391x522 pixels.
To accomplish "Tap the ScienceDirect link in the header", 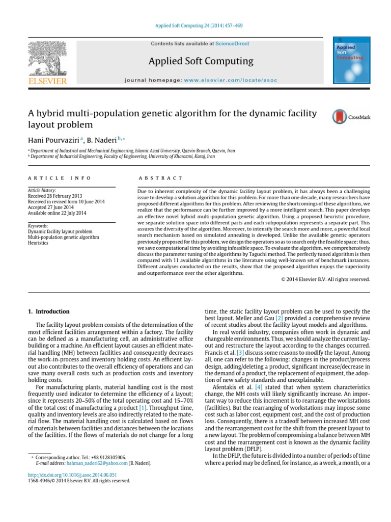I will pyautogui.click(x=232, y=44).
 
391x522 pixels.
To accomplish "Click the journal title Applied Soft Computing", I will pyautogui.click(x=201, y=61).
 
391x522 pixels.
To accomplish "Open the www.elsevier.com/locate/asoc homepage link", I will pyautogui.click(x=227, y=81).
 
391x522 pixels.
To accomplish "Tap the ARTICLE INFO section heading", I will pyautogui.click(x=60, y=178).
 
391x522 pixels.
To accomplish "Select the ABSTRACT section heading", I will pyautogui.click(x=160, y=178).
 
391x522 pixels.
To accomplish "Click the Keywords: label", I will pyautogui.click(x=38, y=226).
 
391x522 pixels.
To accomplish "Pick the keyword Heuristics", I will pyautogui.click(x=39, y=243).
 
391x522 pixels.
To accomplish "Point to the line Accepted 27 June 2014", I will pyautogui.click(x=50, y=207).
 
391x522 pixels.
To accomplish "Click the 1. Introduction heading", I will pyautogui.click(x=48, y=311).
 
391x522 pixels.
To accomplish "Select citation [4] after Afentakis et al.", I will pyautogui.click(x=251, y=387).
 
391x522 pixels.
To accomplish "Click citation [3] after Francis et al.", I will pyautogui.click(x=241, y=353).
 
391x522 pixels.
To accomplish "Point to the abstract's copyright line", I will pyautogui.click(x=325, y=279).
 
